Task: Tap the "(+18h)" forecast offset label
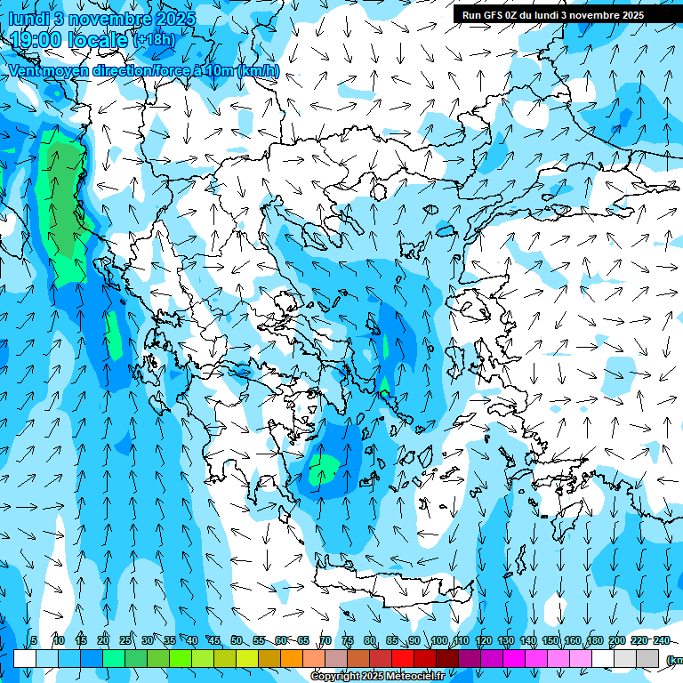click(x=154, y=40)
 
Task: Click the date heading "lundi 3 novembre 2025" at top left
click(x=101, y=18)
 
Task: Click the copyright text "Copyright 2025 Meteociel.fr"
click(x=377, y=677)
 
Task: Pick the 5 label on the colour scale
click(x=34, y=641)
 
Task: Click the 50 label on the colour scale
click(x=236, y=641)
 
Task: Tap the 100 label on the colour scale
click(x=438, y=641)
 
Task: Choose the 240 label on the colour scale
click(x=661, y=641)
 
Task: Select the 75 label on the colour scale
click(x=347, y=641)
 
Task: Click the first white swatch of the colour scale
click(x=25, y=658)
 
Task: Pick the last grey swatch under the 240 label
click(x=647, y=658)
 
